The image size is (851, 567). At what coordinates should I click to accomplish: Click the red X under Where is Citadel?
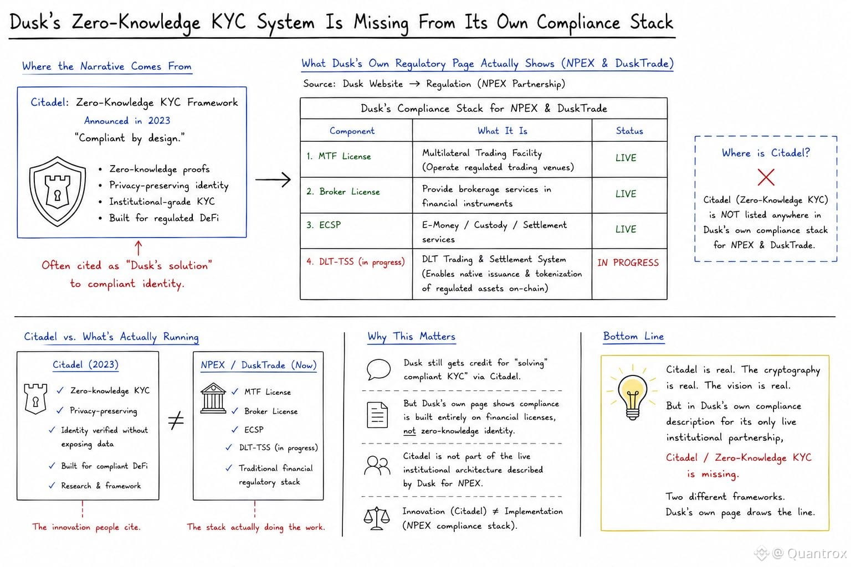coord(766,177)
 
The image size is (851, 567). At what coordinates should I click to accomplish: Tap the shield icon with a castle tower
coord(58,192)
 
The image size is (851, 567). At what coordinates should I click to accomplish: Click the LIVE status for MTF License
coord(626,158)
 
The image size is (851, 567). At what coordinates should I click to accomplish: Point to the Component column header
coord(352,131)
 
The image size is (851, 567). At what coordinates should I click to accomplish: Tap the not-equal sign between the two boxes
coord(176,420)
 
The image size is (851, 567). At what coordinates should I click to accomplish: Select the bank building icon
coord(213,398)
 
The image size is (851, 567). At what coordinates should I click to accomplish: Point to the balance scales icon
coord(377,518)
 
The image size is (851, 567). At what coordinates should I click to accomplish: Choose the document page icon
coord(377,415)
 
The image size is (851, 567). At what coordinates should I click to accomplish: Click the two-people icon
coord(377,466)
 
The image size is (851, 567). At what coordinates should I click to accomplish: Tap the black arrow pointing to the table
coord(273,179)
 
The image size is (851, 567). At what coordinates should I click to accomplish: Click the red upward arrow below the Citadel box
coord(139,248)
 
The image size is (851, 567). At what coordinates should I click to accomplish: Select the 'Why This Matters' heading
coord(412,337)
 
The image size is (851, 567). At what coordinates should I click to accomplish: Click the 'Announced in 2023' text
coord(127,121)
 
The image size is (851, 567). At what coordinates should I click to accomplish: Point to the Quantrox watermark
coord(801,553)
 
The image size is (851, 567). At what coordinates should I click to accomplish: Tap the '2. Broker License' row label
coord(343,192)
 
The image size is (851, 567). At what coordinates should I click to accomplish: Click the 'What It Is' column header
coord(503,131)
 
